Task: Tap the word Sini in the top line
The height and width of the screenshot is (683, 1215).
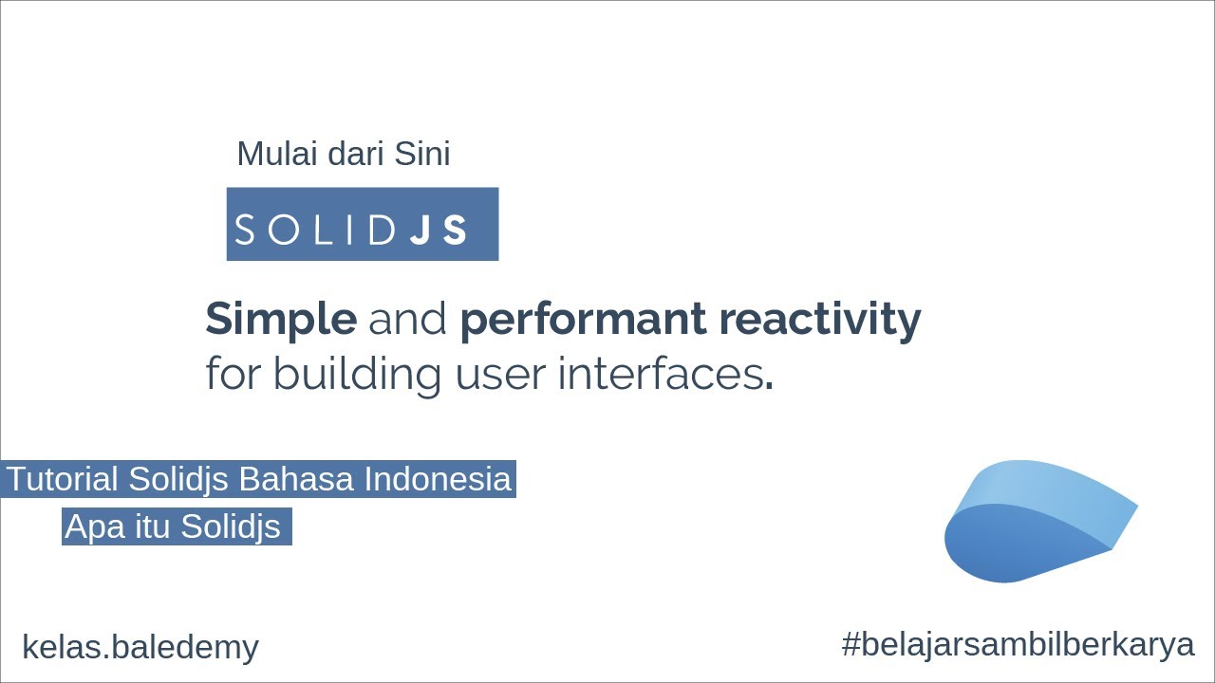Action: [422, 154]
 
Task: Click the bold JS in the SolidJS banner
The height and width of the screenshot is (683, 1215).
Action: [439, 230]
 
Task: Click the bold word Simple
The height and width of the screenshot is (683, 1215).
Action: [281, 321]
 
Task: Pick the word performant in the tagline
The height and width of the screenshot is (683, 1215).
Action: [581, 320]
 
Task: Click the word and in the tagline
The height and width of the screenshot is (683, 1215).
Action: [407, 320]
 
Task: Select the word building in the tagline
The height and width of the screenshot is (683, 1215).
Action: [358, 374]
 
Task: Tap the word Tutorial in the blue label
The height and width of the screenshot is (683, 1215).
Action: [63, 479]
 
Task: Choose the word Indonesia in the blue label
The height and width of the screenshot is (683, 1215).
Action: [438, 479]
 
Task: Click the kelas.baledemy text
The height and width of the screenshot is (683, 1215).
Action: [140, 647]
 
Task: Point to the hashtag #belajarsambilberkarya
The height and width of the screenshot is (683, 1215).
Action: [1017, 644]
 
